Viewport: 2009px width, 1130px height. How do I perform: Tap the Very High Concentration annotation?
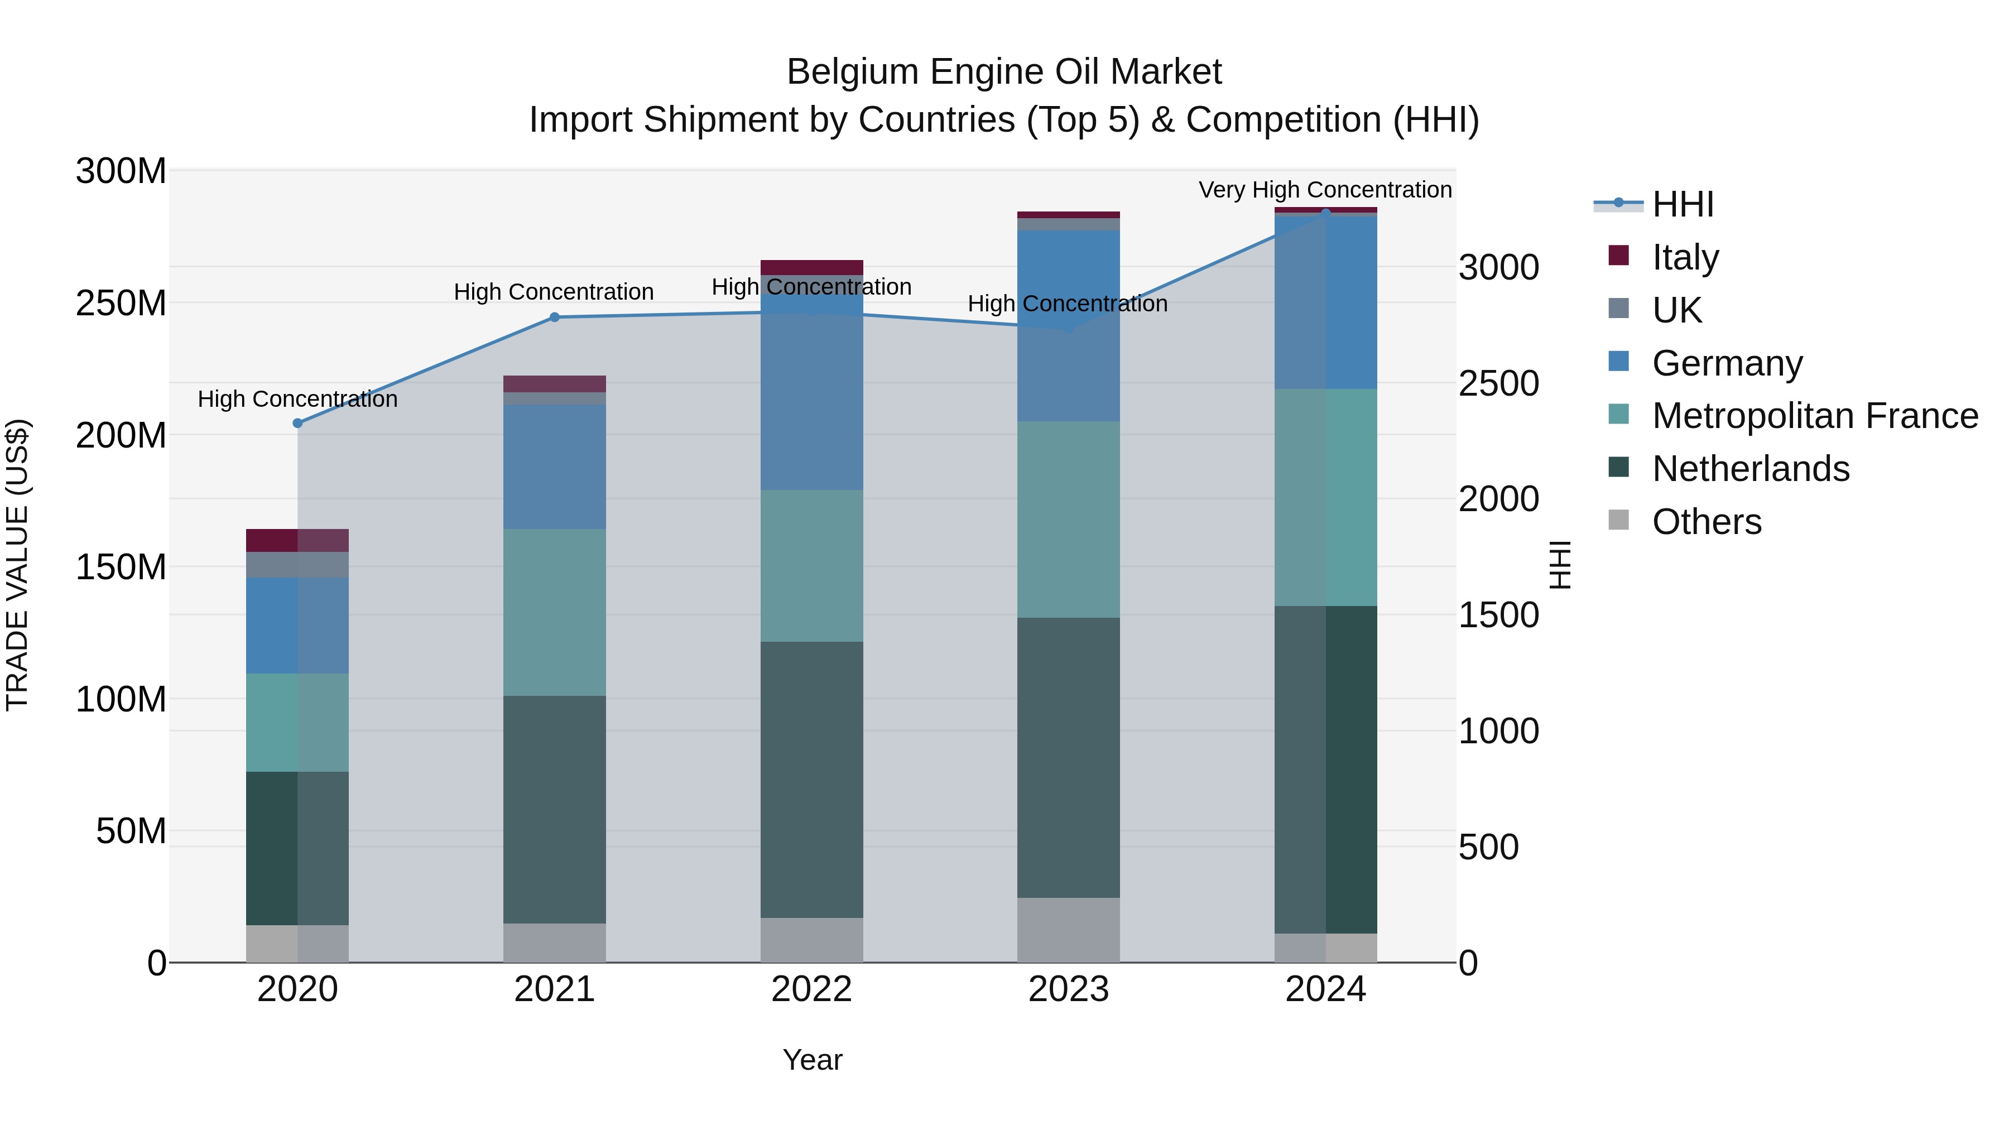(x=1324, y=190)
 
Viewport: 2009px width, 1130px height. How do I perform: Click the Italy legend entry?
(x=1685, y=257)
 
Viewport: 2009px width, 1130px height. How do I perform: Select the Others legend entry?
(x=1705, y=522)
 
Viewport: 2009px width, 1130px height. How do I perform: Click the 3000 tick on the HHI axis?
(x=1498, y=267)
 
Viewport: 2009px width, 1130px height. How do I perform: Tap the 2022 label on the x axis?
(x=811, y=989)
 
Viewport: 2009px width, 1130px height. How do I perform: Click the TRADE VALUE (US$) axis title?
(x=17, y=565)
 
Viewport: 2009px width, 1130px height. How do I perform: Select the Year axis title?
(x=812, y=1060)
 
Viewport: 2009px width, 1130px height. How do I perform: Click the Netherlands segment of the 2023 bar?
(x=1069, y=757)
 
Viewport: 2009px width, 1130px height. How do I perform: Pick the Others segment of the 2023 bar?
(x=1069, y=930)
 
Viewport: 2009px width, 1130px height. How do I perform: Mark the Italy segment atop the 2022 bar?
(x=811, y=267)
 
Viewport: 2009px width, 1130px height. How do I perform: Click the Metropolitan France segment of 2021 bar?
(x=555, y=612)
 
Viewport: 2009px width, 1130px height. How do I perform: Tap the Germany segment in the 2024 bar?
(x=1326, y=302)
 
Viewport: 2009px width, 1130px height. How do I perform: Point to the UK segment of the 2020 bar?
(x=297, y=565)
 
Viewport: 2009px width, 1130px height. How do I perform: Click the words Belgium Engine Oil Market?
(x=1004, y=72)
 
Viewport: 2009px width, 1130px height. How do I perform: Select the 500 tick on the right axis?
(x=1488, y=848)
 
